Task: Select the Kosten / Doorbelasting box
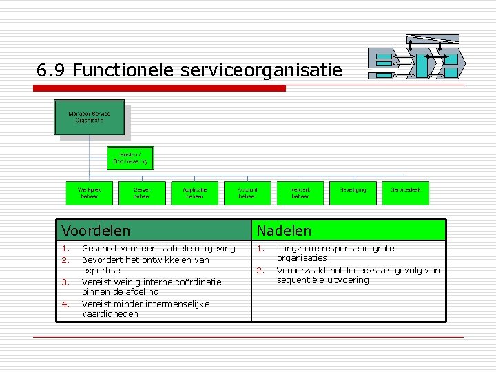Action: coord(130,158)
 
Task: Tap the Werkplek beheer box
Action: coord(89,193)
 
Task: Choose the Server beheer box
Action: coord(142,193)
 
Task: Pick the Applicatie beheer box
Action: coord(194,193)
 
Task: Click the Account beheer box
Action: coord(247,193)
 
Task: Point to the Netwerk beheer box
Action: coord(300,193)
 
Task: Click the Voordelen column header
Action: coord(96,230)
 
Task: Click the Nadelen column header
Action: coord(284,230)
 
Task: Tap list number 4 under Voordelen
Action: coord(65,304)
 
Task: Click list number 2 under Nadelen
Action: coord(260,271)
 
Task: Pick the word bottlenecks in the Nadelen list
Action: coord(347,271)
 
